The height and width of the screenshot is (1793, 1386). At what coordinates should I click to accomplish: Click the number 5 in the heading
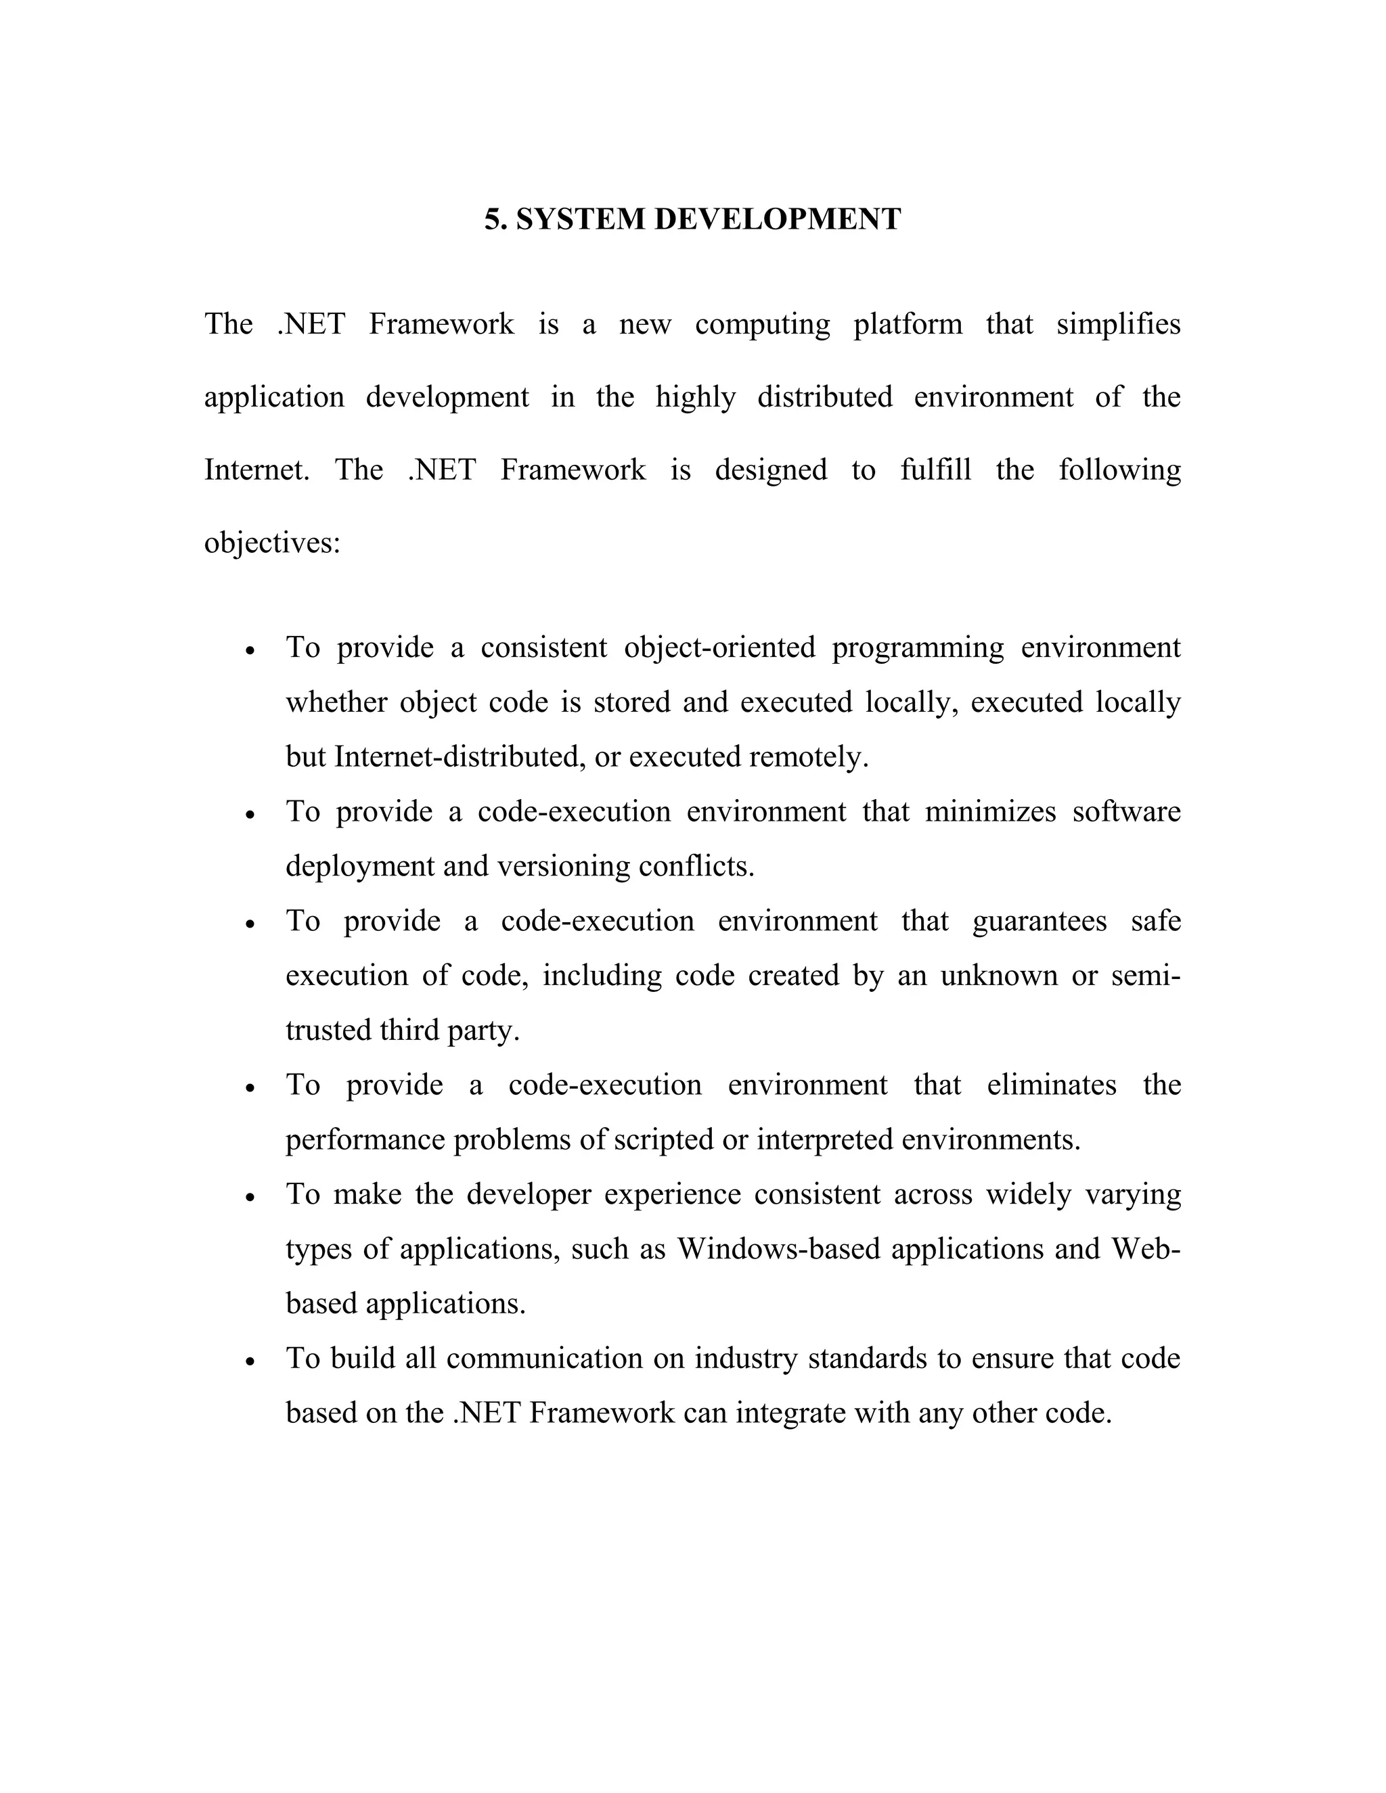click(x=491, y=220)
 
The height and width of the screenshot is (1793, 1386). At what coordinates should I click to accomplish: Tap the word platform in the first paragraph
click(x=908, y=324)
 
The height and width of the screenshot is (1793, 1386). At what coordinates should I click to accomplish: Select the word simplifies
click(x=1117, y=324)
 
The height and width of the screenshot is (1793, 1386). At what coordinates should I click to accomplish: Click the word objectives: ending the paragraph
click(x=272, y=543)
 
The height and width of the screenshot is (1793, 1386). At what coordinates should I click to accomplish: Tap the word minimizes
click(x=990, y=812)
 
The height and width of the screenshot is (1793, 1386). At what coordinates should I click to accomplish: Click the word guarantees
click(x=1039, y=921)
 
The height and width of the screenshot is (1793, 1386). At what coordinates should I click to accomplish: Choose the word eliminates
click(x=1051, y=1085)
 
